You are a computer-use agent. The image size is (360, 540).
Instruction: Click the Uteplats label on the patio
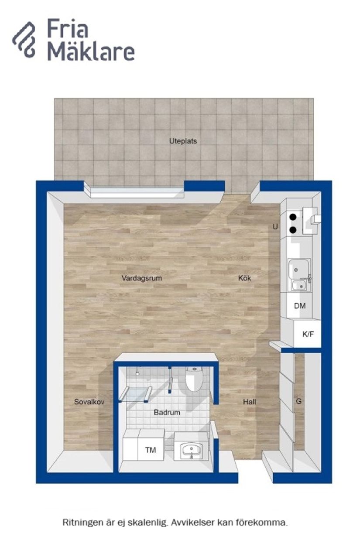click(183, 141)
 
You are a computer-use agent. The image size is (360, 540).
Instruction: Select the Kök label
click(245, 278)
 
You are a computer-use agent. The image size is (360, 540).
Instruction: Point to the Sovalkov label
click(89, 402)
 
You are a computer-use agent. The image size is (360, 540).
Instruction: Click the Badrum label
click(167, 412)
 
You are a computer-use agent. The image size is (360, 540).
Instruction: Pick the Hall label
click(249, 402)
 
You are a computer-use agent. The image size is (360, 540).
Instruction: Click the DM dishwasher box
click(300, 306)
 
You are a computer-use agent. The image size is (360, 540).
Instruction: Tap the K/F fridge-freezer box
click(308, 335)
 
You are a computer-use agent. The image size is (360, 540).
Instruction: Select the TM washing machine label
click(151, 450)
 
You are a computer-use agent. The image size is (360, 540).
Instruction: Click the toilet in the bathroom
click(193, 379)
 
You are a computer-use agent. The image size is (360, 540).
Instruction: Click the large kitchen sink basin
click(298, 268)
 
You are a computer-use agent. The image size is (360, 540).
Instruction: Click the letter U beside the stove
click(275, 227)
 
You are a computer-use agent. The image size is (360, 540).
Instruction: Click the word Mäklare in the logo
click(91, 52)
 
